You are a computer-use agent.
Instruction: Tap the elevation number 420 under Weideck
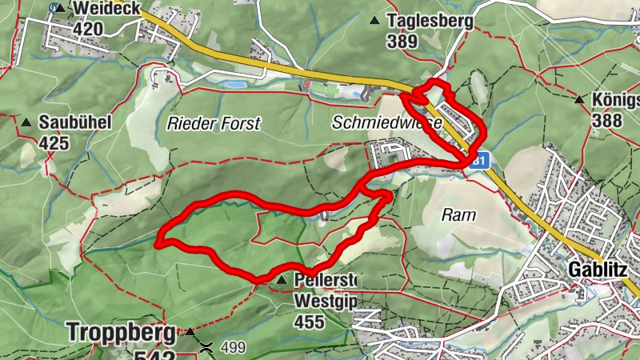click(x=89, y=29)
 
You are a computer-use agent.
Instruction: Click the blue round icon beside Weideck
click(x=54, y=7)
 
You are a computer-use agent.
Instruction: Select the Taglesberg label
click(x=430, y=21)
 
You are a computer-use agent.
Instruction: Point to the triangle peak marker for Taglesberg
click(x=374, y=22)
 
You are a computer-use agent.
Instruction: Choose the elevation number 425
click(x=54, y=144)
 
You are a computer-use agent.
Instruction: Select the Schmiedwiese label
click(x=387, y=123)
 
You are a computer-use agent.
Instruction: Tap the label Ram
click(x=459, y=214)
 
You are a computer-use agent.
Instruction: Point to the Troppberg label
click(x=121, y=330)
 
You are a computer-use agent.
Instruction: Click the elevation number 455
click(x=309, y=322)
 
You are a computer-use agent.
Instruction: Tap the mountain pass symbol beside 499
click(x=206, y=347)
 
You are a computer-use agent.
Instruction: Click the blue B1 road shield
click(x=480, y=161)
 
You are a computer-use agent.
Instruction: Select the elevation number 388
click(x=609, y=120)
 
